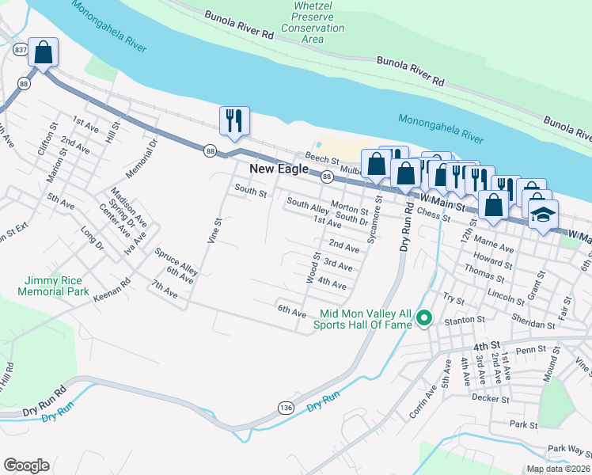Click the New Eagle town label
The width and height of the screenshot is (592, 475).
tap(283, 169)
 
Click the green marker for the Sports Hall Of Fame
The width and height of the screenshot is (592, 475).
tap(424, 318)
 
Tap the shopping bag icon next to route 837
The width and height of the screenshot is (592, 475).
tap(44, 53)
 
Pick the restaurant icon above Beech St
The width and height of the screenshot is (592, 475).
tap(234, 120)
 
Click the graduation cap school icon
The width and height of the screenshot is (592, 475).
tap(544, 215)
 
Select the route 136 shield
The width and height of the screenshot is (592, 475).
tap(284, 407)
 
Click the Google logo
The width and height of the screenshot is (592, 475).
tap(26, 465)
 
